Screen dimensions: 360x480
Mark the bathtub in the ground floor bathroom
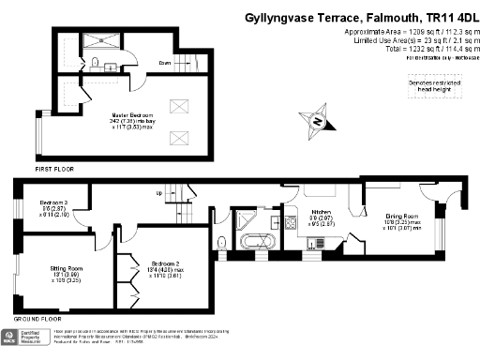click(x=256, y=242)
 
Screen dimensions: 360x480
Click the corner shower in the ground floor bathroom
click(x=248, y=220)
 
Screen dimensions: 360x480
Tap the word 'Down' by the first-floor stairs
click(x=164, y=64)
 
